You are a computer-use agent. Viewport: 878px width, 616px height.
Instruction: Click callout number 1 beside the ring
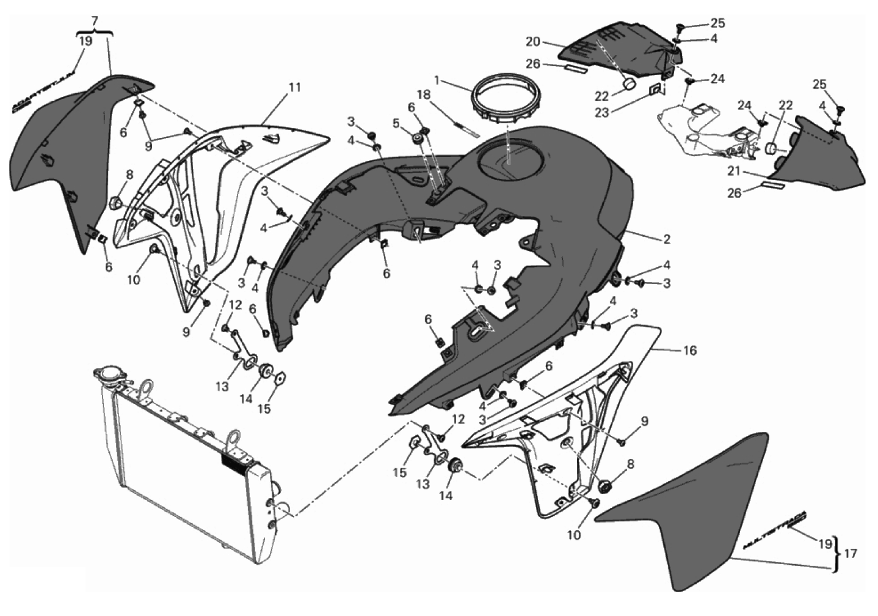coord(437,80)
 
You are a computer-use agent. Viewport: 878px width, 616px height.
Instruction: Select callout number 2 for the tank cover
coord(667,239)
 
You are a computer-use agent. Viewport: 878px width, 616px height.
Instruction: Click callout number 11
coord(295,87)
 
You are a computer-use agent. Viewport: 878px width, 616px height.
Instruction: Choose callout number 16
coord(689,350)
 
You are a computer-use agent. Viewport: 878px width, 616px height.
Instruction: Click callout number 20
coord(533,42)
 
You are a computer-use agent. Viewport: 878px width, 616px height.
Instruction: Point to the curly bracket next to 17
coord(838,553)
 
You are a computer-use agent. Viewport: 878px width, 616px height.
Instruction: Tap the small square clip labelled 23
coord(655,90)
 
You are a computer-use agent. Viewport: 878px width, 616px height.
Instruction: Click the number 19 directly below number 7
coord(86,41)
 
